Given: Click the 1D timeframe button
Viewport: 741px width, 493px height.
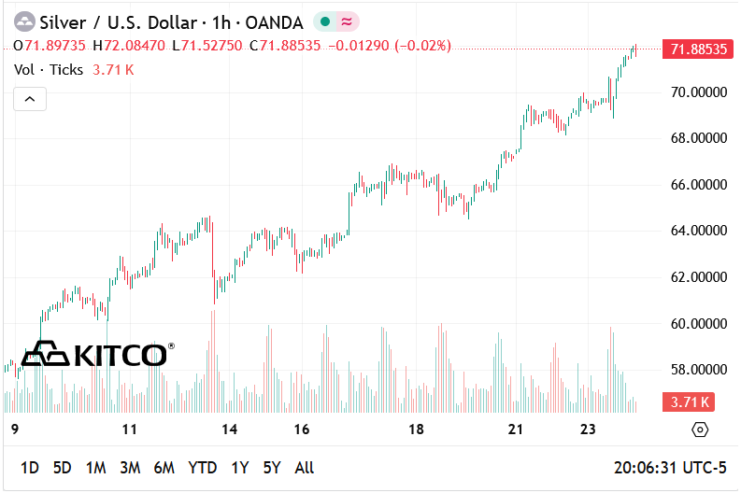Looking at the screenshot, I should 30,468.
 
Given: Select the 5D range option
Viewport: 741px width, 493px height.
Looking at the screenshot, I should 62,468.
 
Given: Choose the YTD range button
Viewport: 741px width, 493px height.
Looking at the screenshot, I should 202,468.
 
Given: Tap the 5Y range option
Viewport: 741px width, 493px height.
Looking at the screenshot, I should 272,468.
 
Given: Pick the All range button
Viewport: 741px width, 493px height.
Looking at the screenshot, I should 304,468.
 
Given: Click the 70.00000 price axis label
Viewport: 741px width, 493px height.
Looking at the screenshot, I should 693,92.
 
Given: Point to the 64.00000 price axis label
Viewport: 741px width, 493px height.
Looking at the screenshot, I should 693,231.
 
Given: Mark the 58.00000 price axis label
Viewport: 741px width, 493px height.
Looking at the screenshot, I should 693,370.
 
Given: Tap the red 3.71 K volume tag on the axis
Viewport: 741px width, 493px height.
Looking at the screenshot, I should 688,402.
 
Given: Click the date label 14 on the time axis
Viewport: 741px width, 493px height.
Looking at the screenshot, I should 230,430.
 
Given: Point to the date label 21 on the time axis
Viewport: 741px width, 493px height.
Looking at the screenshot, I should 515,430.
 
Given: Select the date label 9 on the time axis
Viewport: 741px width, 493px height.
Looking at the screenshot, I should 14,430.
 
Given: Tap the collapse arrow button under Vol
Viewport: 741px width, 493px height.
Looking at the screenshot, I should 30,98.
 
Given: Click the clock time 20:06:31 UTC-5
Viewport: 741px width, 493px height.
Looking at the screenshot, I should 669,468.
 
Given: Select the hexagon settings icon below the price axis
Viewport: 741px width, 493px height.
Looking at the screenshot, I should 700,430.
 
